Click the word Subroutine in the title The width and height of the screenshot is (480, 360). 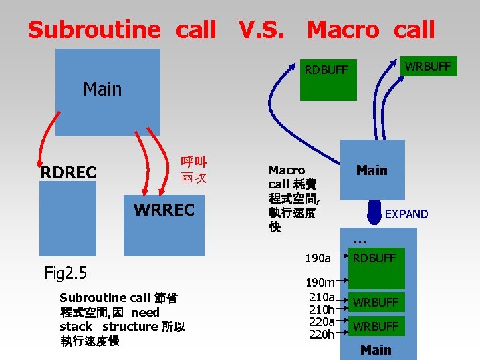tap(94, 30)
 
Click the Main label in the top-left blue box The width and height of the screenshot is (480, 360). tap(102, 89)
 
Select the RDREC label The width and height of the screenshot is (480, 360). tap(68, 173)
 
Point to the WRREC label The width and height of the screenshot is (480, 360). tap(164, 210)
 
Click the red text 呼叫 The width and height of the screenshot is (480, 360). tap(193, 162)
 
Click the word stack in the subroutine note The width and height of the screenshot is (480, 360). tap(76, 327)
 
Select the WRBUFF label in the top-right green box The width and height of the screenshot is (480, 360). tap(428, 66)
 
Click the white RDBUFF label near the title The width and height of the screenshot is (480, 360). tap(326, 69)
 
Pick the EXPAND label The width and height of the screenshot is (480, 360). tap(406, 214)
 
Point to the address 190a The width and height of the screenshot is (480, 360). tap(318, 258)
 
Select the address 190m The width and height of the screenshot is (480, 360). tap(320, 283)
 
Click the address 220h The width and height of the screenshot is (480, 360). tap(322, 334)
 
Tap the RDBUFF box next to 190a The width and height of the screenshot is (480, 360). tap(374, 258)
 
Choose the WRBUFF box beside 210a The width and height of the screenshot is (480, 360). tap(376, 303)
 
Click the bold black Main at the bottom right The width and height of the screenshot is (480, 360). tap(376, 349)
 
